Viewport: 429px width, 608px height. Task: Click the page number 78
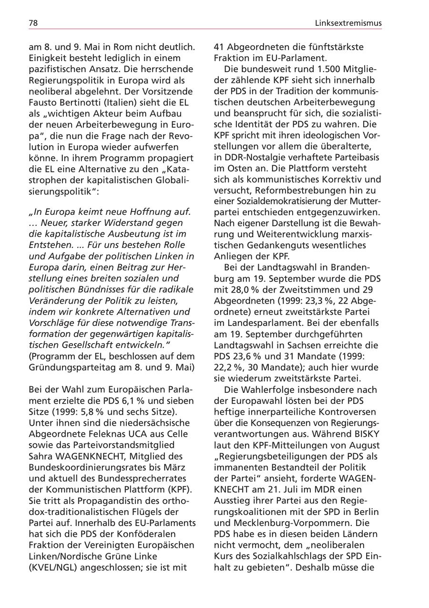(33, 22)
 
